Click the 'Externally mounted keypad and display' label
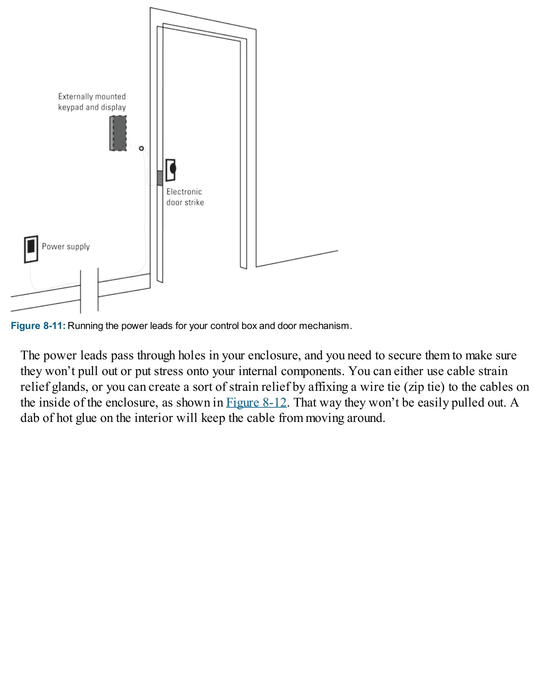pyautogui.click(x=92, y=102)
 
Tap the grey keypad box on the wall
pyautogui.click(x=118, y=133)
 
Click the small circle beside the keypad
pyautogui.click(x=141, y=148)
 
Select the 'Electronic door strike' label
pyautogui.click(x=185, y=197)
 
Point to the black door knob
pyautogui.click(x=173, y=168)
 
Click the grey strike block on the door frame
pyautogui.click(x=160, y=178)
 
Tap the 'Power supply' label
pyautogui.click(x=66, y=246)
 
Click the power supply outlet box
pyautogui.click(x=31, y=249)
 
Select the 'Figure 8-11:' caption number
pyautogui.click(x=38, y=326)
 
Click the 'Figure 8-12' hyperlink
pyautogui.click(x=256, y=402)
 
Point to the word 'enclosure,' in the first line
pyautogui.click(x=274, y=355)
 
